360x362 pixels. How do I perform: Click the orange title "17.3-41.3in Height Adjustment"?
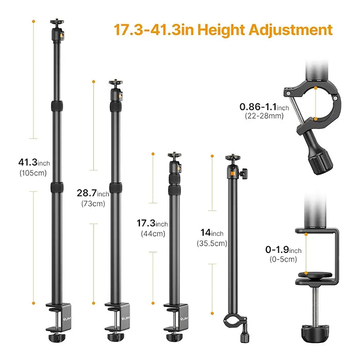[223, 29]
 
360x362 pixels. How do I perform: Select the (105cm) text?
[32, 173]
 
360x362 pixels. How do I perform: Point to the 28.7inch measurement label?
[93, 194]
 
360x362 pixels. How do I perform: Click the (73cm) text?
[93, 203]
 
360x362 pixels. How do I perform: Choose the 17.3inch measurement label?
[152, 224]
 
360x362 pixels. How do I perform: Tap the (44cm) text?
[153, 233]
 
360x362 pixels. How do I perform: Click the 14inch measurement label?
[211, 233]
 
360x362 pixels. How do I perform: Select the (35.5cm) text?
[211, 243]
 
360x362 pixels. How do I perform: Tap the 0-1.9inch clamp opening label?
[283, 249]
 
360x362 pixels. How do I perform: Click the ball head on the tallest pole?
[55, 30]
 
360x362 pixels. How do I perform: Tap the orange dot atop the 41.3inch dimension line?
[33, 21]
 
